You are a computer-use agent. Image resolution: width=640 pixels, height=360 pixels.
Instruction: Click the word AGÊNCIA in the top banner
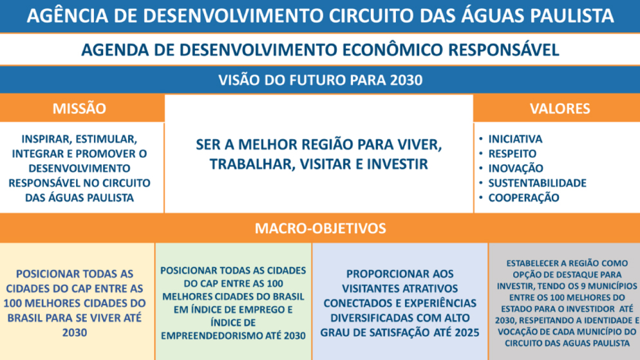point(68,15)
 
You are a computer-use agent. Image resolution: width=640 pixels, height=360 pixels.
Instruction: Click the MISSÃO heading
point(79,108)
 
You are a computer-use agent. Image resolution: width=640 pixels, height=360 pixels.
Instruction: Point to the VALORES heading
point(560,108)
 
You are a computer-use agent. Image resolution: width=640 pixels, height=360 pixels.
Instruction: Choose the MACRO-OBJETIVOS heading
point(321,228)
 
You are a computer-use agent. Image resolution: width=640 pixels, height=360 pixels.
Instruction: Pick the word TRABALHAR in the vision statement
point(252,164)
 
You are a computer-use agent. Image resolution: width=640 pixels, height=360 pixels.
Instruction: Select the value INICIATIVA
point(515,139)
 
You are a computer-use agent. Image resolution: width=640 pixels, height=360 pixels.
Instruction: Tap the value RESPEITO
point(513,153)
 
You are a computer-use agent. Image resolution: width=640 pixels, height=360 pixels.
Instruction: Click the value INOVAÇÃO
point(516,168)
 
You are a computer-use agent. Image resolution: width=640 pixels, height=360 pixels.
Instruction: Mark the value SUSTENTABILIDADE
point(537,183)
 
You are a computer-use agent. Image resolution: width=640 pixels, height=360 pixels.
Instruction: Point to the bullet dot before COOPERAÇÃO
point(481,197)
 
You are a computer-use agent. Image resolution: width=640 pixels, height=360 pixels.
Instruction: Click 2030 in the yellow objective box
point(75,333)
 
